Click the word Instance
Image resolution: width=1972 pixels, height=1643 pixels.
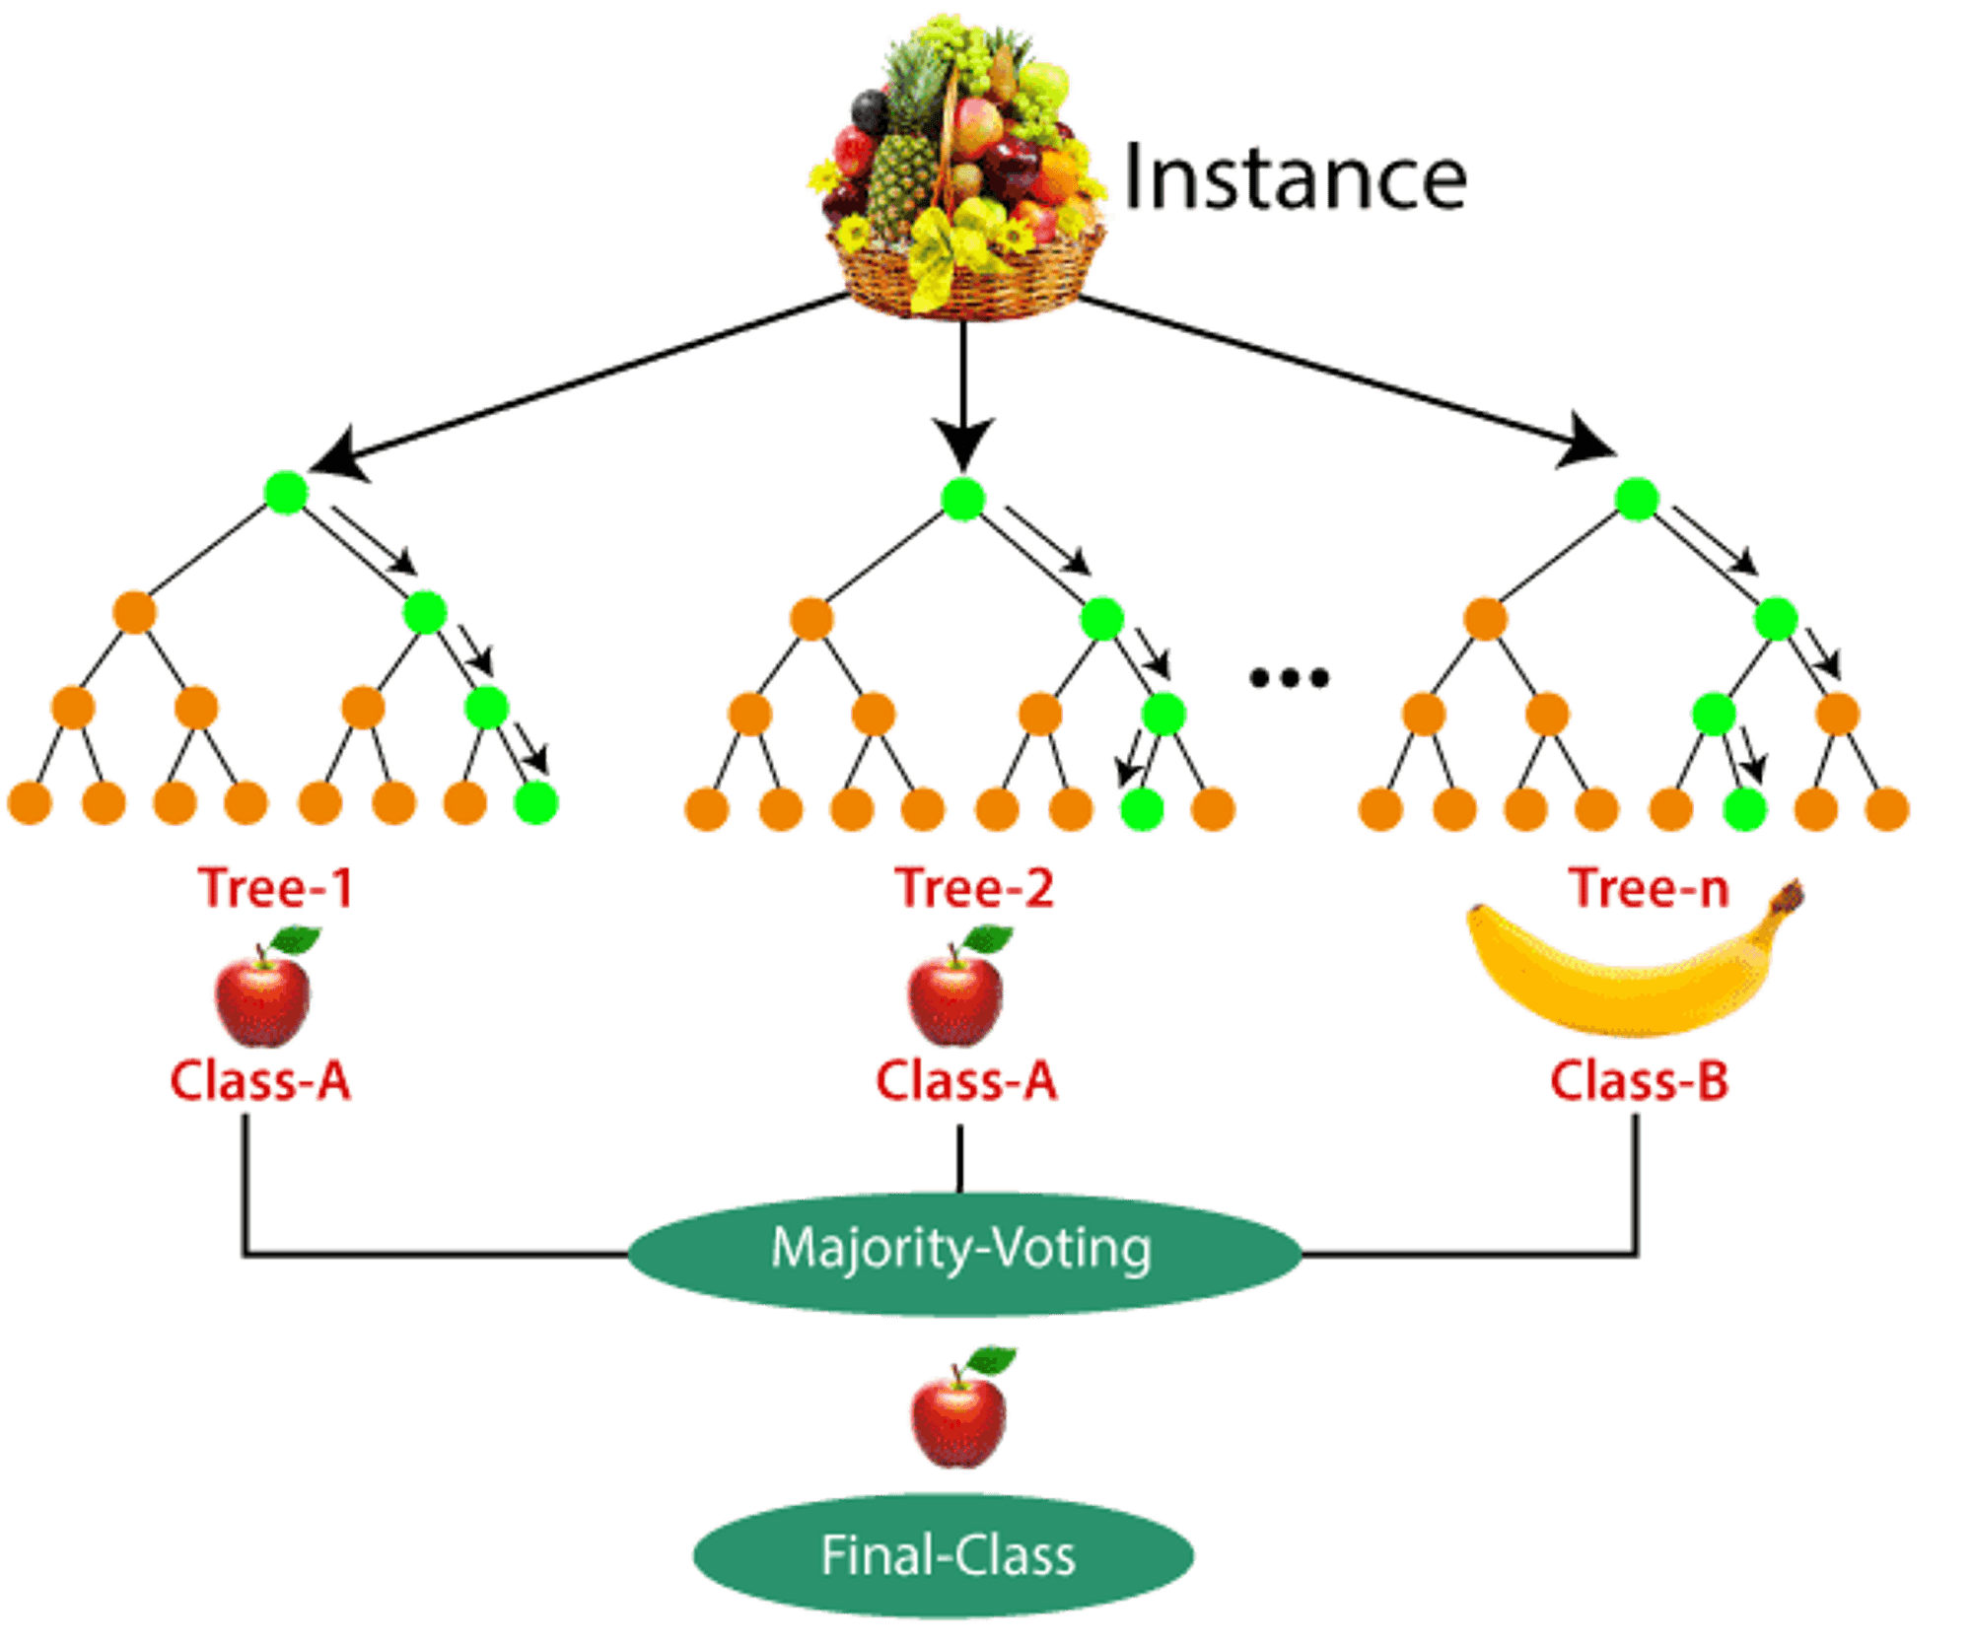coord(1295,177)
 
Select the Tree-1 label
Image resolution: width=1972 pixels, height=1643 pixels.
coord(276,887)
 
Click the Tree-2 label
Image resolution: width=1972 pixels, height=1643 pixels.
coord(975,887)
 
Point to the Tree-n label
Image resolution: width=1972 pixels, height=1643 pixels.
coord(1649,887)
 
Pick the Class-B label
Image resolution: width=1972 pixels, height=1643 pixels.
coord(1639,1080)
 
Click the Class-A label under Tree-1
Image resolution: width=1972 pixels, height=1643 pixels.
coord(260,1080)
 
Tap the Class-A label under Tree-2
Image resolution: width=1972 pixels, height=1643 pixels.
coord(966,1080)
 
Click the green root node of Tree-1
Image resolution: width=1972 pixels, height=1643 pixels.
coord(286,493)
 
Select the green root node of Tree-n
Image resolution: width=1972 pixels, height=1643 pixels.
coord(1637,499)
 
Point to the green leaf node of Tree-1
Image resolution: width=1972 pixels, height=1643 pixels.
coord(536,802)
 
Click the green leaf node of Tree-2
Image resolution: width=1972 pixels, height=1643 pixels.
coord(1143,808)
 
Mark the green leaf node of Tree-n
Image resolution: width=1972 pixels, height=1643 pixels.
coord(1745,808)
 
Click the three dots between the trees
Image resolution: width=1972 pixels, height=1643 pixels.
coord(1289,677)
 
